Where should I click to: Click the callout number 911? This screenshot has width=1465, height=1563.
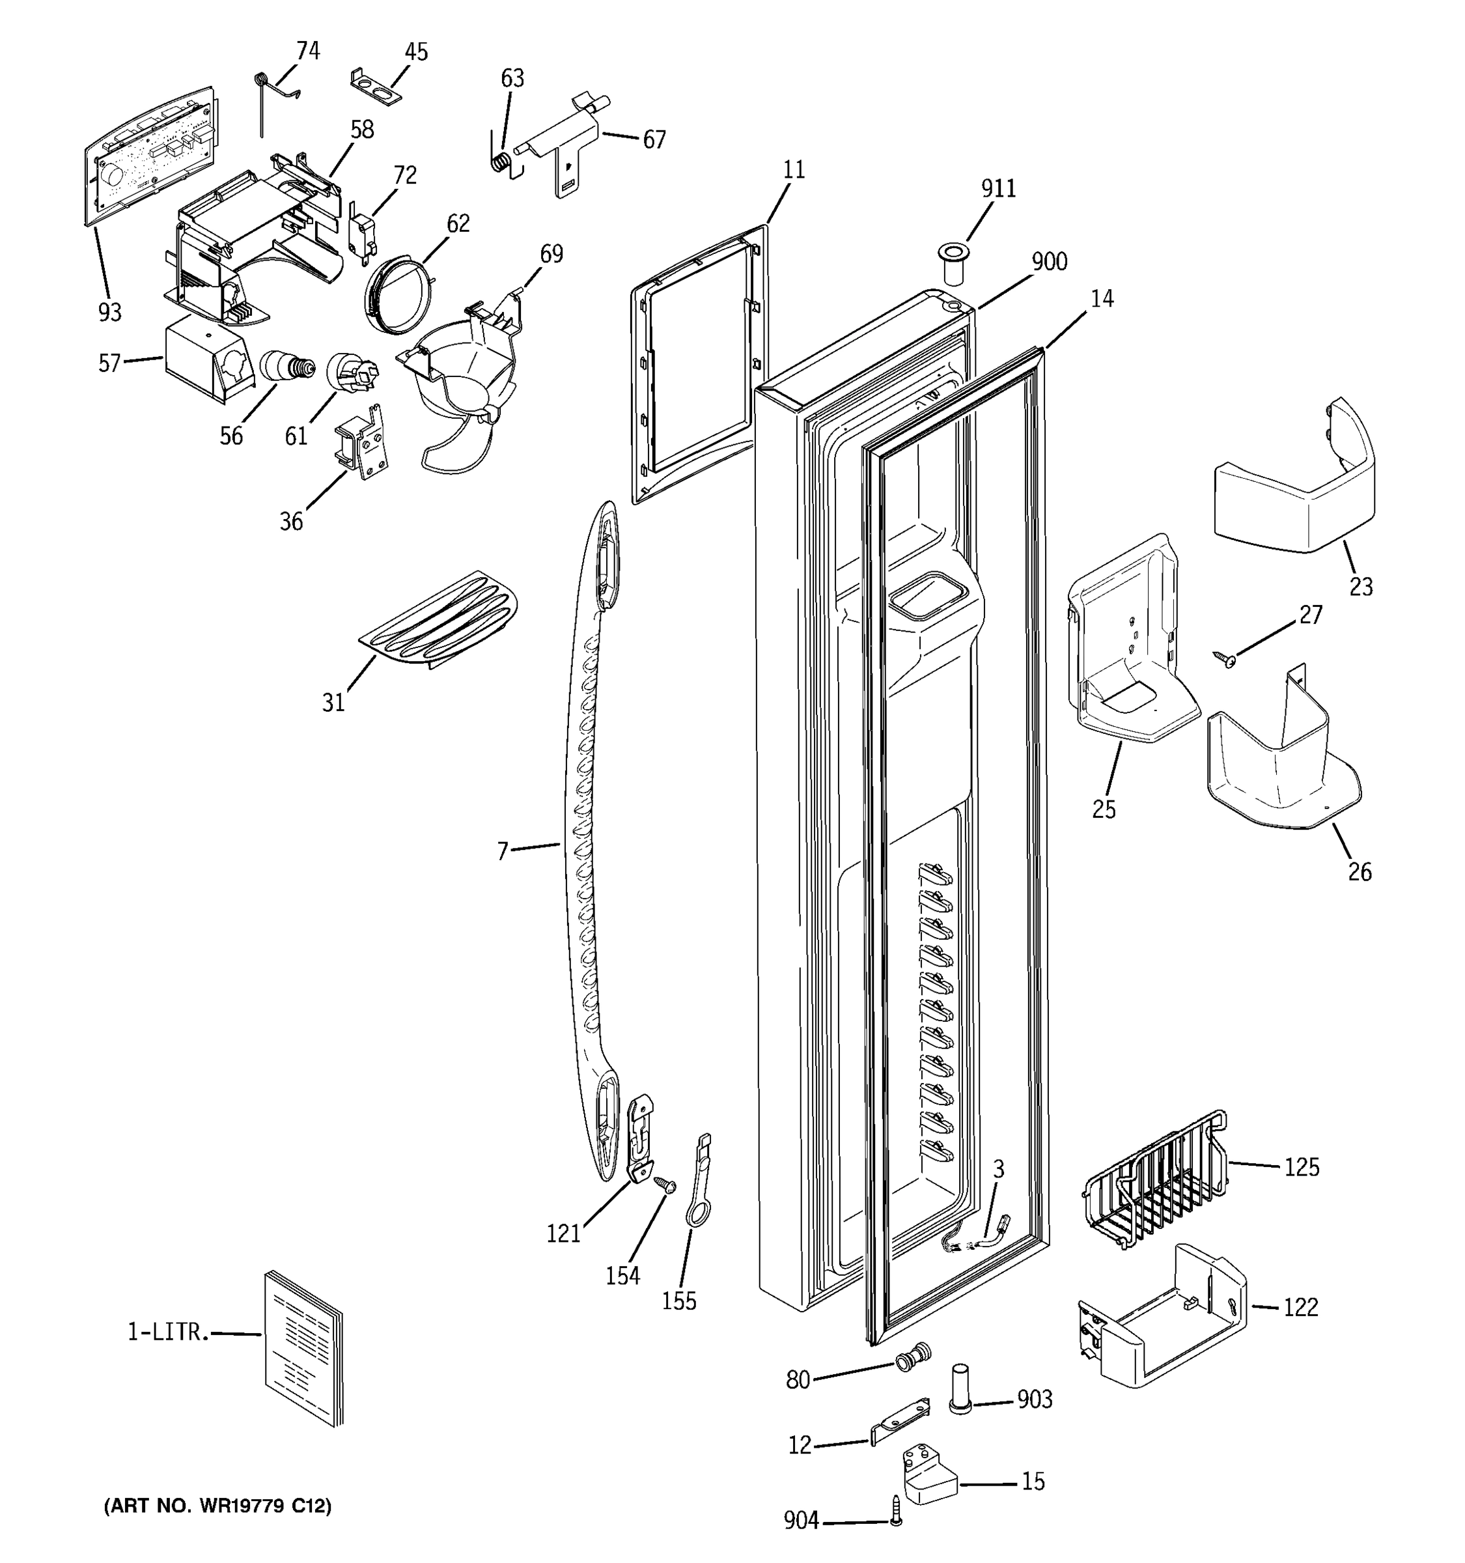998,189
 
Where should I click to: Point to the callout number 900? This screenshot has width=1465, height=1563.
1049,262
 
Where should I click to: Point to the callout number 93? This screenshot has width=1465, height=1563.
110,312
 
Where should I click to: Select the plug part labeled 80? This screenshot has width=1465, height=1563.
914,1357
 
